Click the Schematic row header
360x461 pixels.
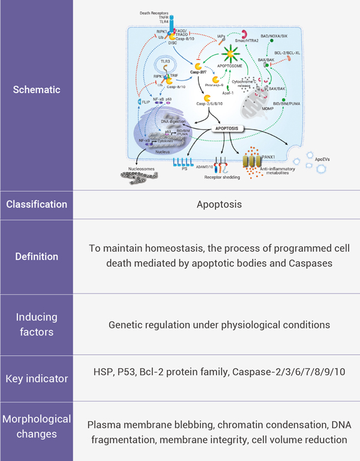37,89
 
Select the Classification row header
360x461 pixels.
37,204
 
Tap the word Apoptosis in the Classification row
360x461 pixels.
219,204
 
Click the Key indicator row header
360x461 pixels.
37,379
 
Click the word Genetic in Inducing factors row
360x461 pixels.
125,325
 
